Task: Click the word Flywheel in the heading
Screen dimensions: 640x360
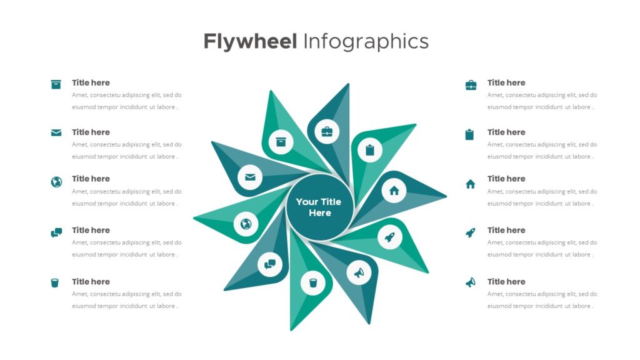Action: [250, 42]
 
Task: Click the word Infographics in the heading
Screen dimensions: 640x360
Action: [366, 42]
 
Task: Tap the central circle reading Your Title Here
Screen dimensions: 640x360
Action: [319, 207]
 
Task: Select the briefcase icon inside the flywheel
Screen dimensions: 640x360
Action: [327, 131]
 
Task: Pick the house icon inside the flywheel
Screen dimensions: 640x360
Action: [394, 191]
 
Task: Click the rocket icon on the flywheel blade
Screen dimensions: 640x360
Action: [390, 237]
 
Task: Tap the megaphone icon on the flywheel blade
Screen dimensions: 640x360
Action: [359, 272]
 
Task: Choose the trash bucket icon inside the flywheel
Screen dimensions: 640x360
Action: [313, 282]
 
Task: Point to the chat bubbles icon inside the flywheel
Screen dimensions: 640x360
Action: [270, 264]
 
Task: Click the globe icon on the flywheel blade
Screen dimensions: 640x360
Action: [246, 224]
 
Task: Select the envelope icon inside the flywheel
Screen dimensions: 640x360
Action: [250, 177]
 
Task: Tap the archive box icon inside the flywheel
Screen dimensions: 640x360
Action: [281, 142]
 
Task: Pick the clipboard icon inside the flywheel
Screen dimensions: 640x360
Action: [370, 150]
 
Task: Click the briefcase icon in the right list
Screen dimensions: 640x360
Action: [471, 85]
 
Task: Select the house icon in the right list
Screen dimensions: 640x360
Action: [470, 184]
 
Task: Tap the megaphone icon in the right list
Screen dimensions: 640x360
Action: [470, 282]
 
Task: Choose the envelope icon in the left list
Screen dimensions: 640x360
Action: [56, 132]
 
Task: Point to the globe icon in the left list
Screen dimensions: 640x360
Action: [56, 182]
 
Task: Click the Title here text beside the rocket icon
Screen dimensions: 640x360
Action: [506, 230]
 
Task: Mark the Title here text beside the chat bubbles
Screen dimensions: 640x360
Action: [91, 230]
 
